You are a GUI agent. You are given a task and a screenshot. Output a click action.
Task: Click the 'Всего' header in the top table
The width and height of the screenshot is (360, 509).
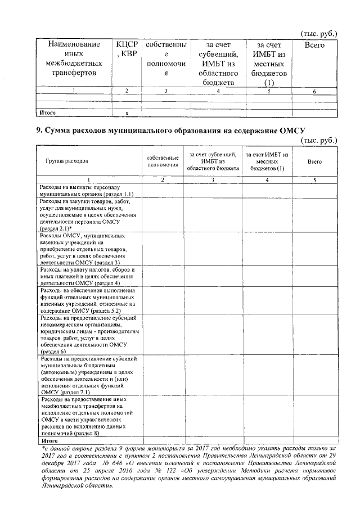pyautogui.click(x=314, y=44)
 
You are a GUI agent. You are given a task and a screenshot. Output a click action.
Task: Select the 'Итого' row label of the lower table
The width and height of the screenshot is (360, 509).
pyautogui.click(x=46, y=442)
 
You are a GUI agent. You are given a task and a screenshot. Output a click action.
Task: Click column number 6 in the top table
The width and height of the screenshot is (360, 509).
pyautogui.click(x=314, y=91)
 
